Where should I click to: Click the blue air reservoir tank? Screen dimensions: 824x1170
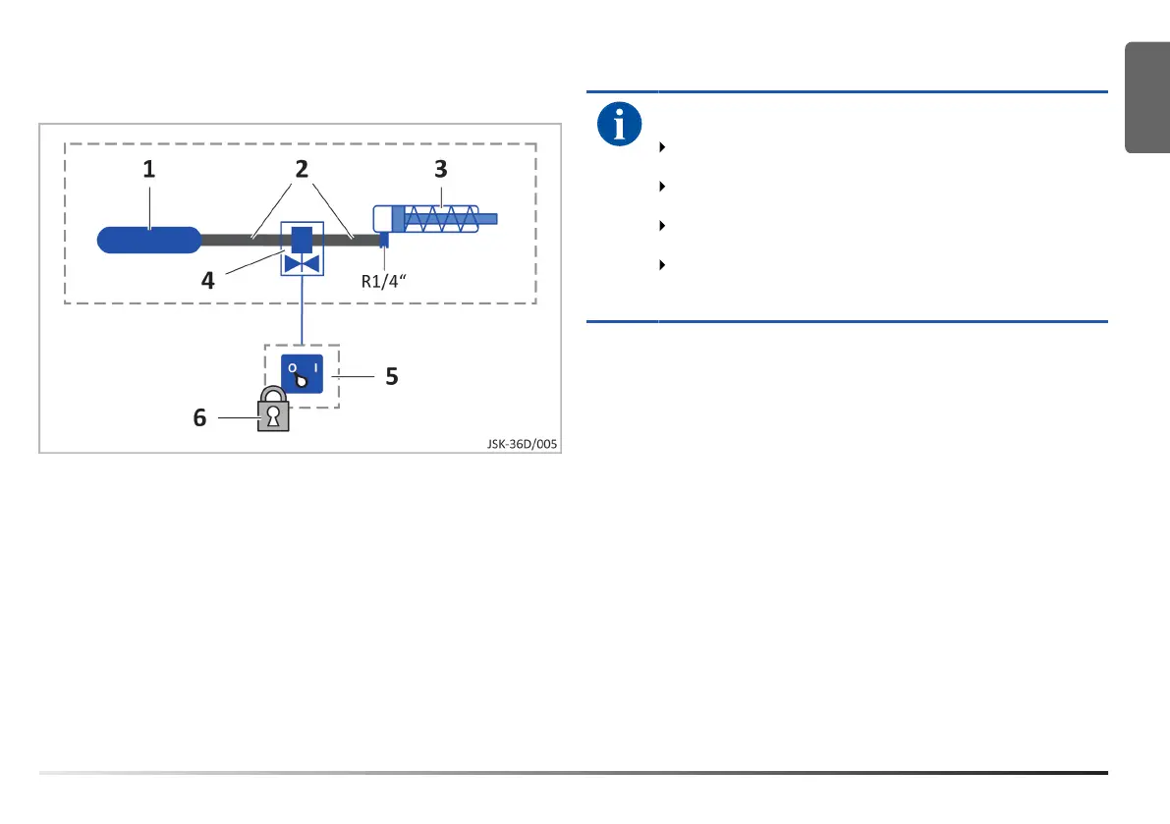point(149,239)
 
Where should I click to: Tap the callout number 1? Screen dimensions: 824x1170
point(149,169)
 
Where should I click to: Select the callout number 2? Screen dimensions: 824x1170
point(303,169)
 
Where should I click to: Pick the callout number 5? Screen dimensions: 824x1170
point(391,375)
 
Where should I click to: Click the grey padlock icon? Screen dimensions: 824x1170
point(274,412)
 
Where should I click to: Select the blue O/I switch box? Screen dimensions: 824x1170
point(303,374)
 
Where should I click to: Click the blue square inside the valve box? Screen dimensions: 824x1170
point(303,239)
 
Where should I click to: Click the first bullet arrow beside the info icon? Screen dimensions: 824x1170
point(663,147)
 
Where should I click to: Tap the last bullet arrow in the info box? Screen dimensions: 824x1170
point(663,265)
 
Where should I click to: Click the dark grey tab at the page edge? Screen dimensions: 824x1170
point(1147,98)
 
